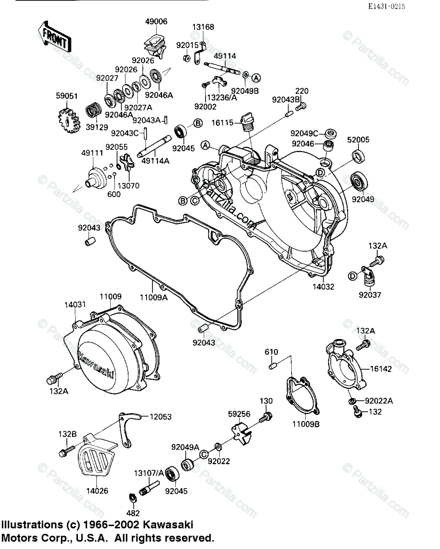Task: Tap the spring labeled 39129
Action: tap(94, 113)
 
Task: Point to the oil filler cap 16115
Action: tap(248, 120)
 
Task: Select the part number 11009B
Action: tap(307, 424)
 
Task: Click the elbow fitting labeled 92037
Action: tap(369, 275)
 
